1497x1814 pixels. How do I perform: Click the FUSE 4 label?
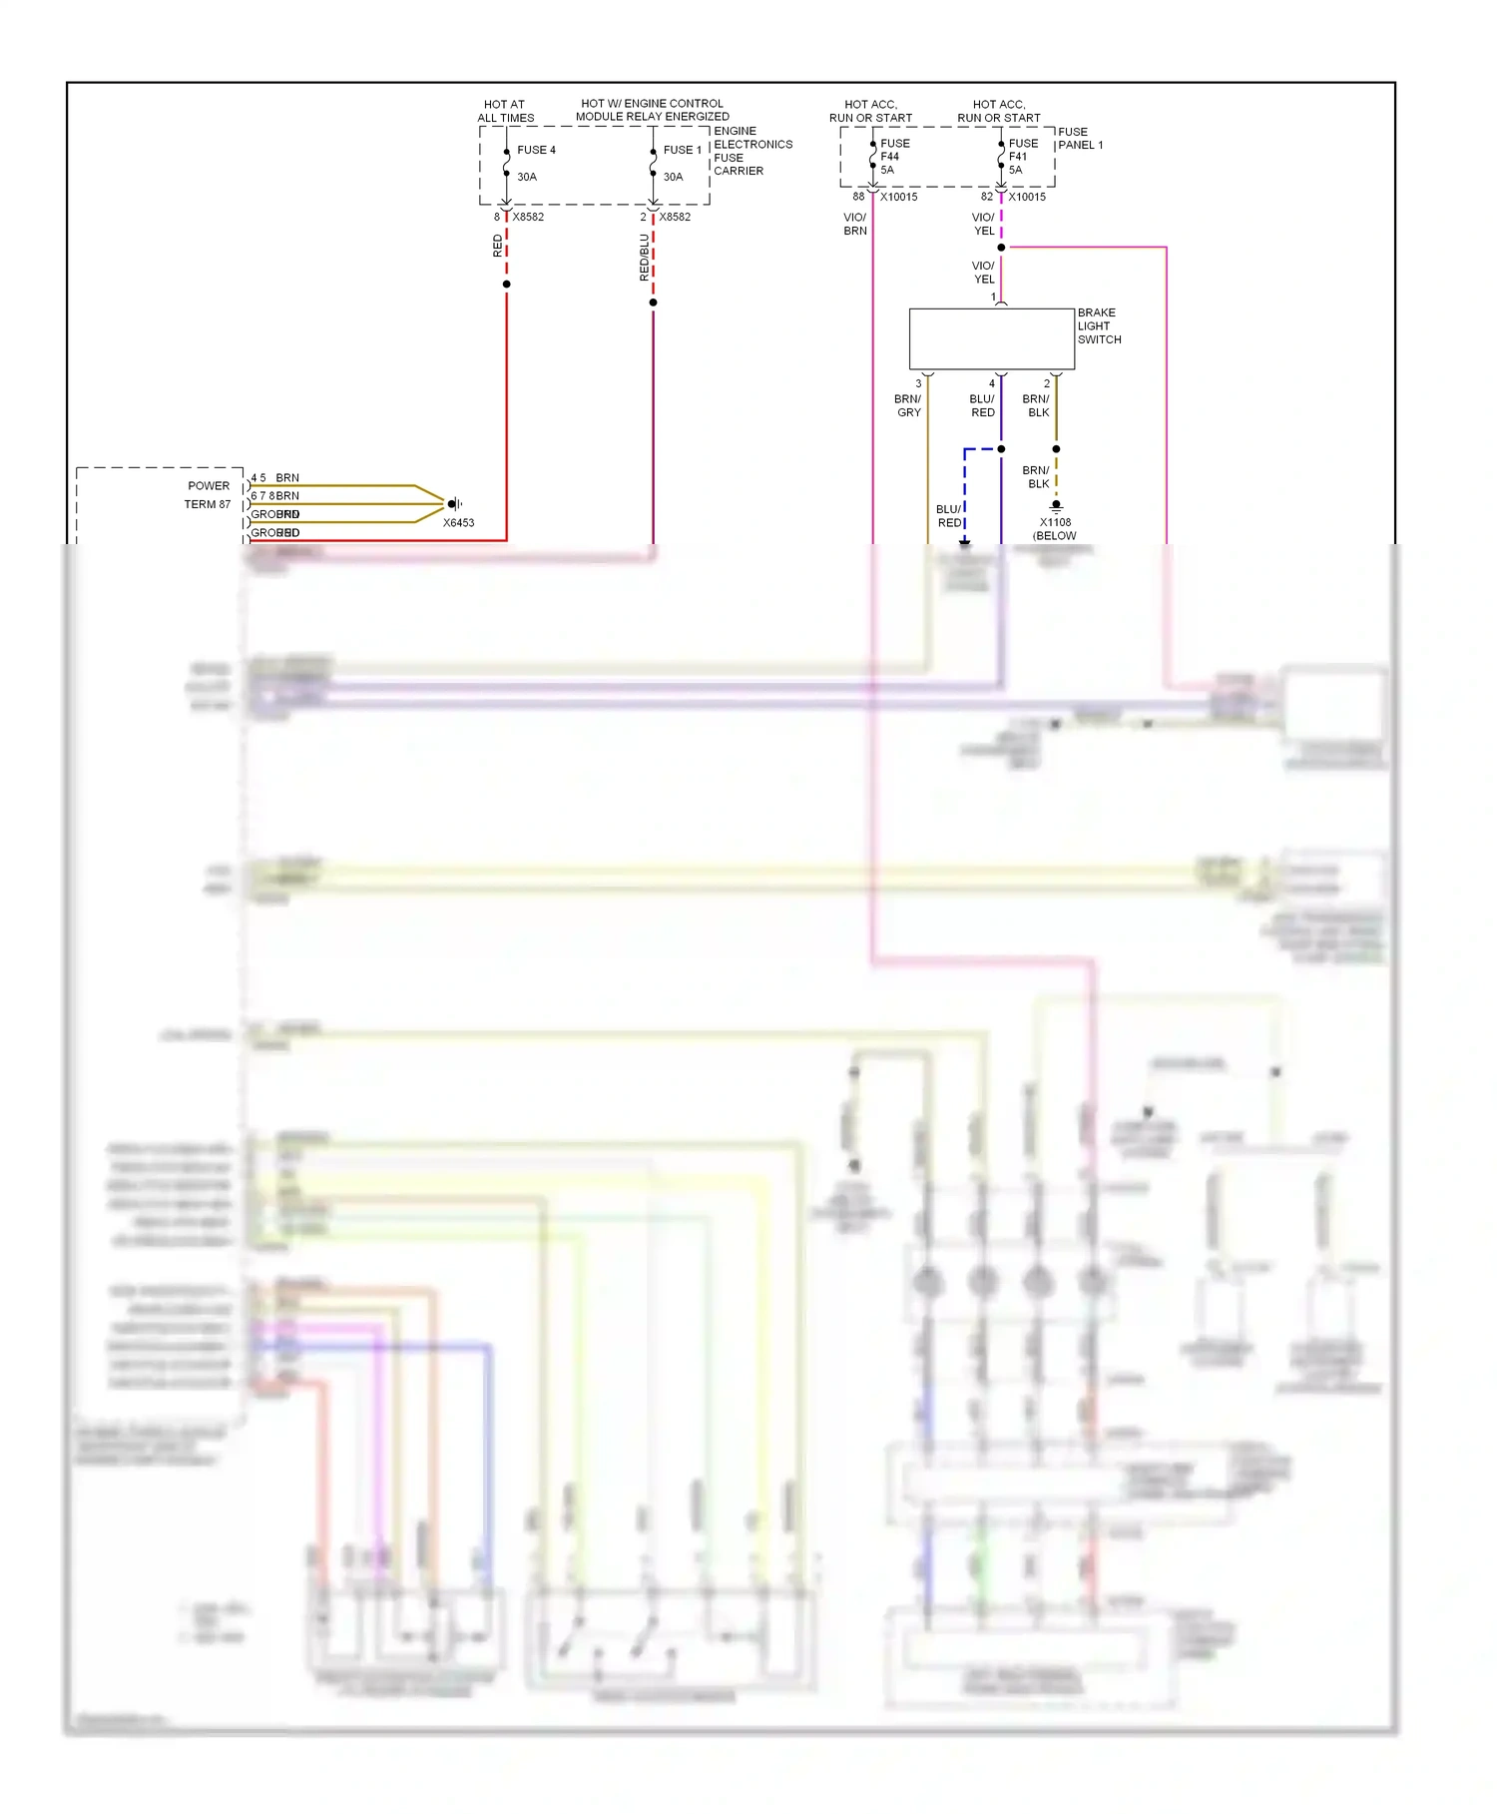pyautogui.click(x=536, y=150)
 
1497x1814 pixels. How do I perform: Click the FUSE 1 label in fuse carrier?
pyautogui.click(x=682, y=150)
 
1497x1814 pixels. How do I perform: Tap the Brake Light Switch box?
pyautogui.click(x=991, y=338)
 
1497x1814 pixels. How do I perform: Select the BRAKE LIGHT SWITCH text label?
pyautogui.click(x=1099, y=326)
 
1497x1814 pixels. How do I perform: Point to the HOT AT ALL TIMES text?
pyautogui.click(x=505, y=111)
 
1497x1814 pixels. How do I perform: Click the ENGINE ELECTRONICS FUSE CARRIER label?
pyautogui.click(x=752, y=151)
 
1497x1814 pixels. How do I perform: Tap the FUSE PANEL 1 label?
pyautogui.click(x=1080, y=138)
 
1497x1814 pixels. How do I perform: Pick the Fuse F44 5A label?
pyautogui.click(x=893, y=157)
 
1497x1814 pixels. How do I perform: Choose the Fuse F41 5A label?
pyautogui.click(x=1022, y=157)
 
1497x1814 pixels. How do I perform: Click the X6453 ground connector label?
pyautogui.click(x=458, y=523)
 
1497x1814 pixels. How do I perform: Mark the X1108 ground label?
pyautogui.click(x=1055, y=522)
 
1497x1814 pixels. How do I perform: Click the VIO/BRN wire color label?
pyautogui.click(x=855, y=224)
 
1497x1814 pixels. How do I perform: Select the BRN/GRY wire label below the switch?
pyautogui.click(x=908, y=405)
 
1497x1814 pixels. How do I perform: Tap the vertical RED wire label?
pyautogui.click(x=498, y=246)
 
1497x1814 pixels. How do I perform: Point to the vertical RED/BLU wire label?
pyautogui.click(x=645, y=257)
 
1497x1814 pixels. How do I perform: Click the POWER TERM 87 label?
pyautogui.click(x=208, y=495)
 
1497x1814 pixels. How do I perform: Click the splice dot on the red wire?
pyautogui.click(x=507, y=285)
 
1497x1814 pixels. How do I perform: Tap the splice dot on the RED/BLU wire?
pyautogui.click(x=654, y=302)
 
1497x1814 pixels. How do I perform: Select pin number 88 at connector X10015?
pyautogui.click(x=858, y=197)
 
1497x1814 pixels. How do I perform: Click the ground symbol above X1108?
pyautogui.click(x=1056, y=506)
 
